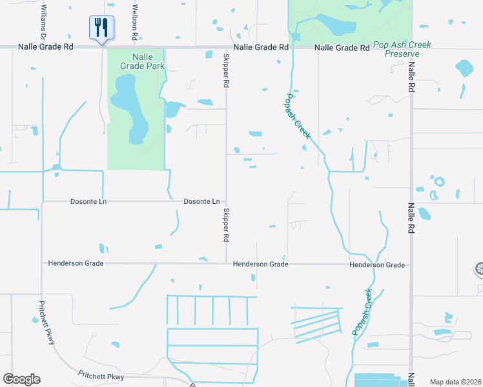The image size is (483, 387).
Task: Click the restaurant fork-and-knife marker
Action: click(x=101, y=28)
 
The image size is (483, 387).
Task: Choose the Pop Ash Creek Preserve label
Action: click(x=402, y=50)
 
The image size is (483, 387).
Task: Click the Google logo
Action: click(x=21, y=379)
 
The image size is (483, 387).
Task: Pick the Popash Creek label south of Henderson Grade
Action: click(x=363, y=312)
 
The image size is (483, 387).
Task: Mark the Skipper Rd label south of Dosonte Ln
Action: click(x=226, y=225)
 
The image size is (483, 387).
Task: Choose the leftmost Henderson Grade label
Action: click(x=76, y=263)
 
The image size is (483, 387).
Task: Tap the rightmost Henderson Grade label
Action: click(x=377, y=264)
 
